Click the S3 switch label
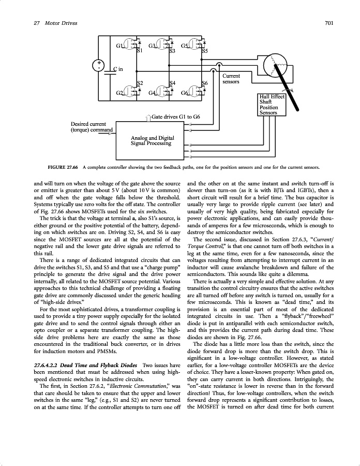click(x=172, y=51)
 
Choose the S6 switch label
click(x=205, y=83)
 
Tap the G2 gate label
click(x=119, y=93)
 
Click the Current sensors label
click(x=231, y=79)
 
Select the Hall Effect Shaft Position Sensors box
click(x=272, y=105)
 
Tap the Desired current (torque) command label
click(x=91, y=127)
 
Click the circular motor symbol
click(x=279, y=65)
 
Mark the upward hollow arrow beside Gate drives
click(x=149, y=118)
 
